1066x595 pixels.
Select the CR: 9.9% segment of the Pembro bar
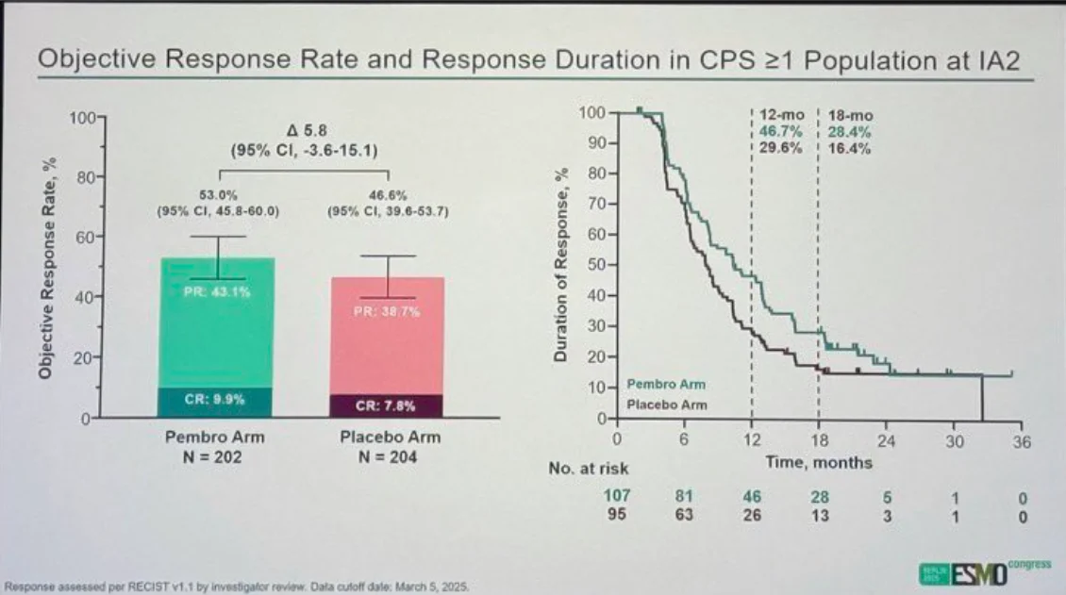click(214, 400)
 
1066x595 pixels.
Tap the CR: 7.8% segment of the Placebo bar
click(386, 406)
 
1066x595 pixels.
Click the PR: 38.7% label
click(387, 311)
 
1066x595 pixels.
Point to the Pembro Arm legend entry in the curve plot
click(666, 385)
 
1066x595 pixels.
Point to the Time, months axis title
click(818, 463)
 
